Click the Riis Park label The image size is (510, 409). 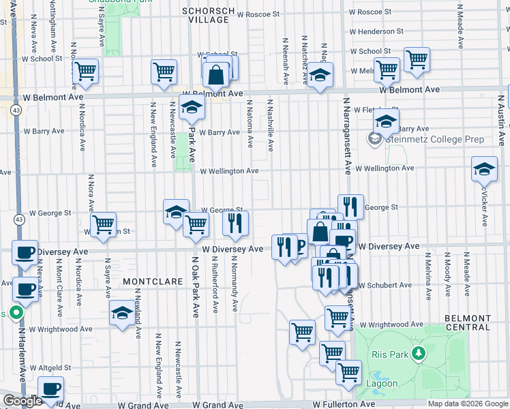click(x=389, y=354)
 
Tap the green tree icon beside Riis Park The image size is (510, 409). click(x=419, y=354)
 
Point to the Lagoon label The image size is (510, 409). click(x=384, y=383)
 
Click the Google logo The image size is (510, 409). click(x=22, y=402)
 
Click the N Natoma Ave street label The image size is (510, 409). click(x=250, y=123)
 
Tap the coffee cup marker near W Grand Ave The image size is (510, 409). click(x=50, y=389)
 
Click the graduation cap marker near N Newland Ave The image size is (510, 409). click(x=122, y=313)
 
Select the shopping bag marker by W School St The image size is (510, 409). click(x=215, y=74)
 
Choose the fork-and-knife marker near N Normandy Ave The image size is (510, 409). click(x=235, y=223)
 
